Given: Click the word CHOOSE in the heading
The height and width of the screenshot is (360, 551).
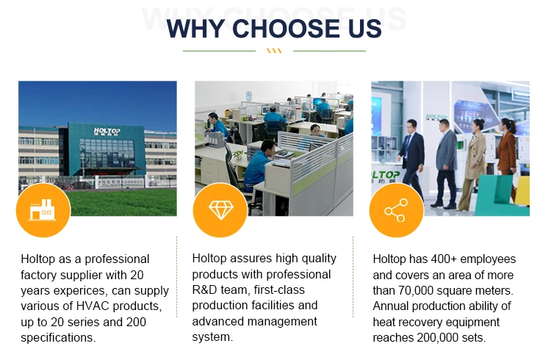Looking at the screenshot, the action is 287,29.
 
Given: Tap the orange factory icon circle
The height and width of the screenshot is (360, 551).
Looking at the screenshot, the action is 43,210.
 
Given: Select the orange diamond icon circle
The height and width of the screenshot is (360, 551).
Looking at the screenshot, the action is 220,210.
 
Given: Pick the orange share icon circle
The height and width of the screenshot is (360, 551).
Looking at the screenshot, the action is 397,210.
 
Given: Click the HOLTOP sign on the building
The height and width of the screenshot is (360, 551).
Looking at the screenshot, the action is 107,131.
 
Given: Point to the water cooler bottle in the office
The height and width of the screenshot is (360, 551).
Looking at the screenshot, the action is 249,96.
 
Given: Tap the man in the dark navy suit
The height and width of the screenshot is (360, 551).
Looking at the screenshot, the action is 411,162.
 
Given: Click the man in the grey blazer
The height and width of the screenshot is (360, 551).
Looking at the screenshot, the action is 446,163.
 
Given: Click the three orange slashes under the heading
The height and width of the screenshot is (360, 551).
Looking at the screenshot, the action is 274,51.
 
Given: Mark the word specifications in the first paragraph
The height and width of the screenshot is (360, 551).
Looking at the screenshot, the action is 58,338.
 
